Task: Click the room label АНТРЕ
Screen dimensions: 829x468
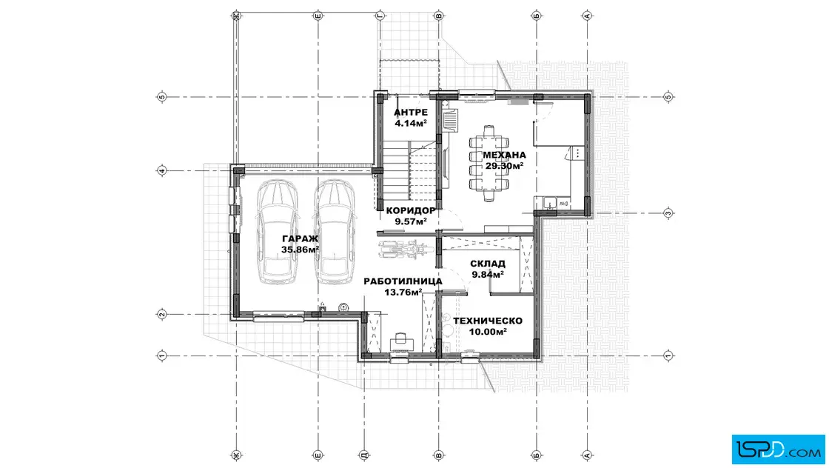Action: [x=411, y=113]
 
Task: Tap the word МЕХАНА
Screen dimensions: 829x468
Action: [x=504, y=155]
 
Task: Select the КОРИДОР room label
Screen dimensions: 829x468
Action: [x=411, y=210]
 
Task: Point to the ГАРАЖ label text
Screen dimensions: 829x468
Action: [x=301, y=238]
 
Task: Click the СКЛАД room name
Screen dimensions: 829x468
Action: [x=488, y=264]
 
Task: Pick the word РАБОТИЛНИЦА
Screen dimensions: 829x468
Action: [x=403, y=281]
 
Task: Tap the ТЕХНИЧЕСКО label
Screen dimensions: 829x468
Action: [x=488, y=321]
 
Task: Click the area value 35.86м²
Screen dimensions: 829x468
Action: [x=301, y=250]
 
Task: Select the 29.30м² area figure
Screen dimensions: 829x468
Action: [x=504, y=166]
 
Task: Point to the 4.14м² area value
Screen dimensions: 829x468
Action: [x=411, y=123]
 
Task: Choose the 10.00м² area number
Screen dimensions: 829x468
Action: [x=488, y=332]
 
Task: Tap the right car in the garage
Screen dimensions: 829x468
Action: [x=335, y=232]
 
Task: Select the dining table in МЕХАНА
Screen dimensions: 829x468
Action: [x=489, y=164]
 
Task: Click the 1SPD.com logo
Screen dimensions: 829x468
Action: [x=778, y=449]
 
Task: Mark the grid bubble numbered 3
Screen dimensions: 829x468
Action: [x=668, y=214]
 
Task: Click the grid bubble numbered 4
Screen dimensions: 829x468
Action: [x=162, y=171]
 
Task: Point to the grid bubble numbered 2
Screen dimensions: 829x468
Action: [x=162, y=315]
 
